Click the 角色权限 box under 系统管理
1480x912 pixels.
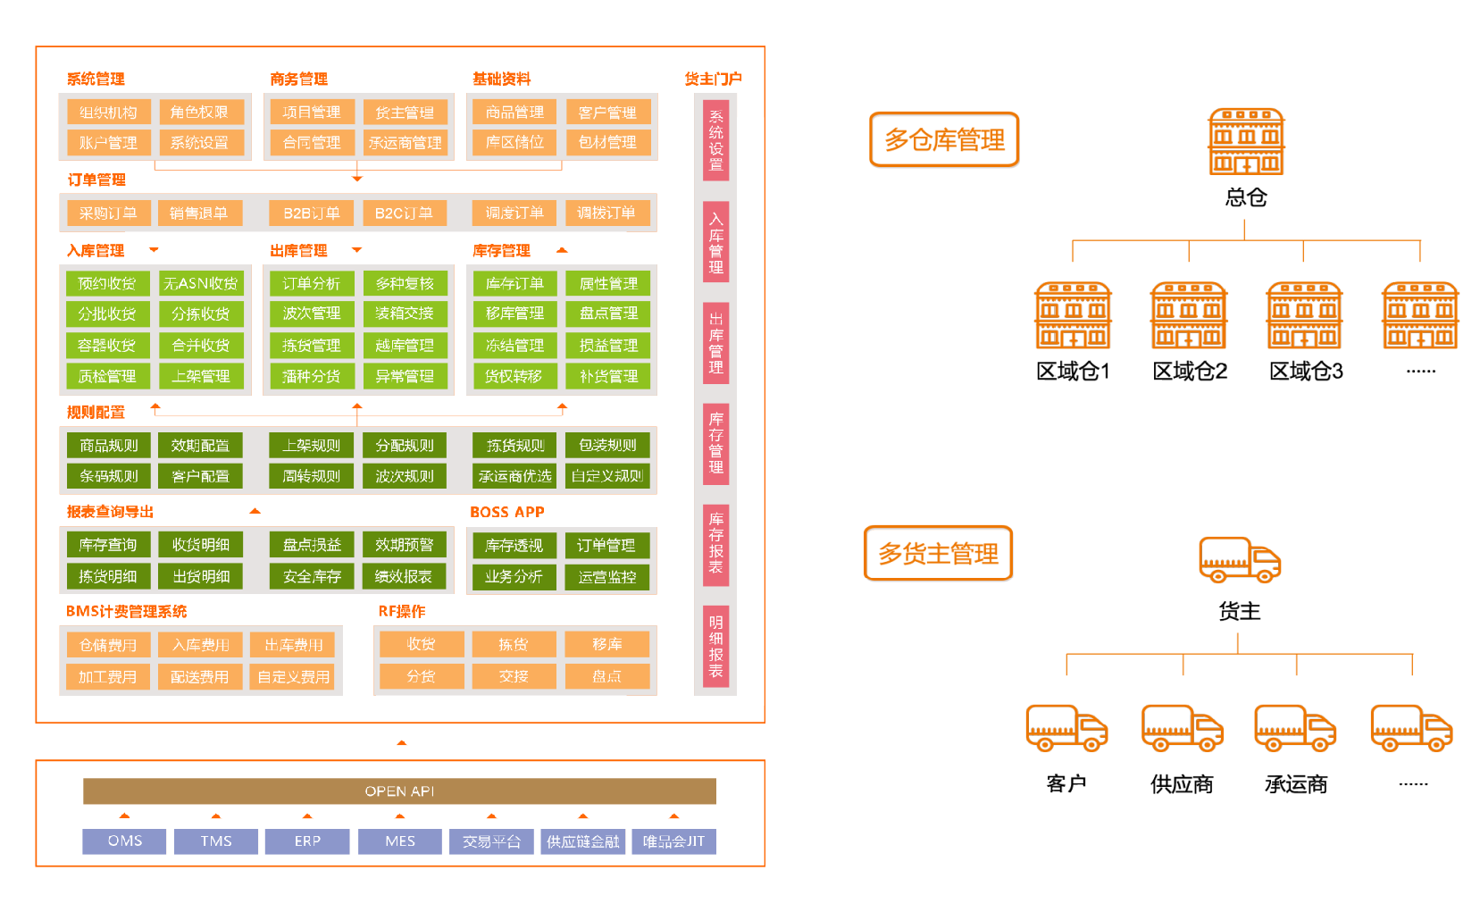[x=199, y=113]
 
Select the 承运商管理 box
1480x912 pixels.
[x=405, y=143]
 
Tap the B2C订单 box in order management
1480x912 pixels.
[x=404, y=213]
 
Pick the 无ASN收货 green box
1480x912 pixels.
[x=201, y=283]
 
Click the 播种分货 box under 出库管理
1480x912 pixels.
[x=312, y=377]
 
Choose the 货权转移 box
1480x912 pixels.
[x=514, y=377]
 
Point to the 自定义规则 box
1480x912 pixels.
[x=607, y=476]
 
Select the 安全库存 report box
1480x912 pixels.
[x=312, y=577]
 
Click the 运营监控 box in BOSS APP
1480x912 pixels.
[x=607, y=577]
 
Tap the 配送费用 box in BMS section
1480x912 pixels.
[x=200, y=677]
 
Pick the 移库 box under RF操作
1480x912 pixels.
[x=607, y=644]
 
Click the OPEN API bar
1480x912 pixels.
[x=399, y=791]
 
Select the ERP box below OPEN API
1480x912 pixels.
[x=307, y=841]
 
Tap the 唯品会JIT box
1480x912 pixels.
[x=673, y=841]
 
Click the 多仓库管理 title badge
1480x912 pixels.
[x=944, y=139]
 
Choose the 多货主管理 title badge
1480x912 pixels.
[x=939, y=554]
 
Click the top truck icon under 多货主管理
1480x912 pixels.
[x=1240, y=560]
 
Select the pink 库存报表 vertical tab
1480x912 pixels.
[x=716, y=543]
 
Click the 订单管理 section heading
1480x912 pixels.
[x=96, y=180]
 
